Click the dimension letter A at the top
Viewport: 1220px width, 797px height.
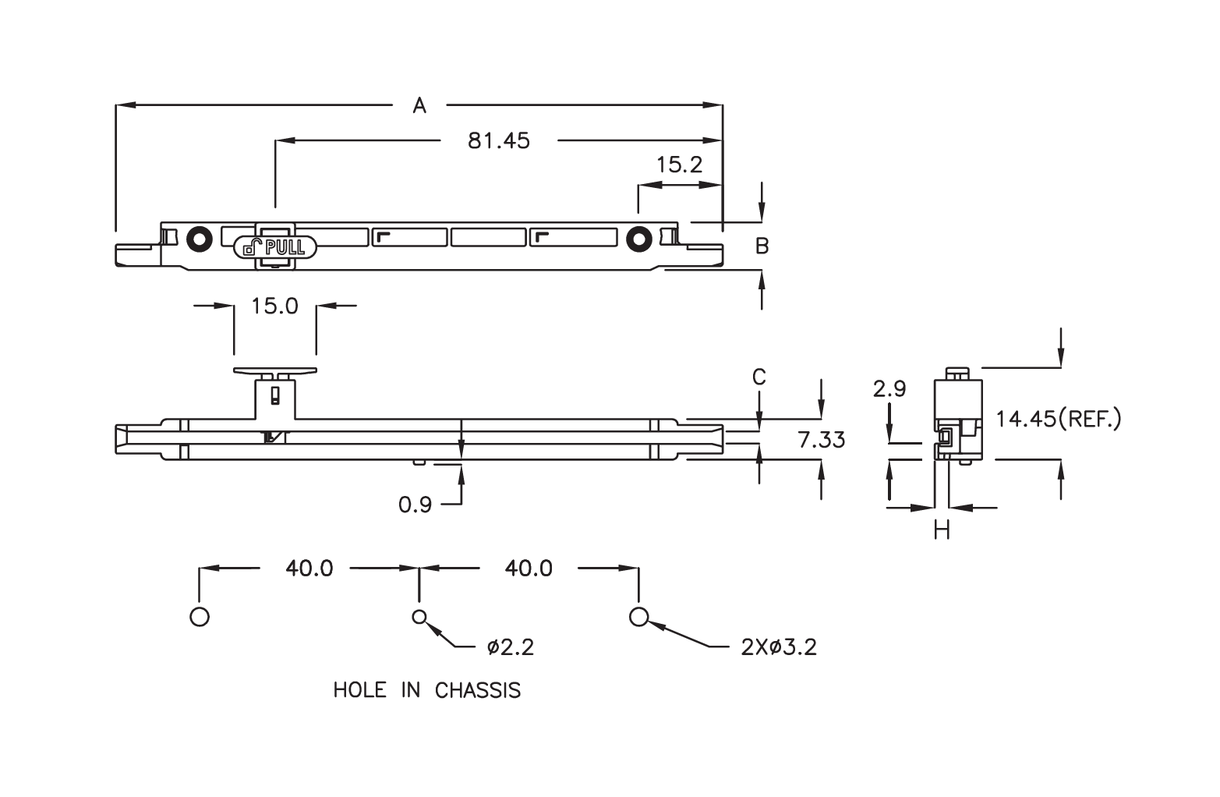pos(419,105)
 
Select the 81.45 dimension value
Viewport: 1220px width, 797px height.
pos(498,141)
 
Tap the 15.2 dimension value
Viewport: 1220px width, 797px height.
pos(679,165)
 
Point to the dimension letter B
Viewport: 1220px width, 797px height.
pos(762,246)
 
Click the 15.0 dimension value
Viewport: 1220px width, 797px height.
pos(274,306)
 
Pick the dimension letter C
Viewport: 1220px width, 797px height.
pos(759,377)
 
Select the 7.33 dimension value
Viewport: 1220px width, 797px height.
pos(822,440)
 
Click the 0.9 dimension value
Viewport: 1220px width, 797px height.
pos(415,505)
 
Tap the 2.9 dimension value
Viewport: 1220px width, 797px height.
pos(889,389)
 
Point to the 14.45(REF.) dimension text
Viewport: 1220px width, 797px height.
pos(1059,420)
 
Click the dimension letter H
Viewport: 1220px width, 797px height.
pos(942,531)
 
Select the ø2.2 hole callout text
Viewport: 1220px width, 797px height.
pos(511,647)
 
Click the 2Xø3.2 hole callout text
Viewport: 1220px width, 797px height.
pos(779,647)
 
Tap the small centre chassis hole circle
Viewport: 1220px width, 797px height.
pos(419,617)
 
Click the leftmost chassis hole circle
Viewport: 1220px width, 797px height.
pos(200,617)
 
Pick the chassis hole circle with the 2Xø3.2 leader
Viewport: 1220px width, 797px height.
pos(638,617)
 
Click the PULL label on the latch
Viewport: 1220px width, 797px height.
pos(285,248)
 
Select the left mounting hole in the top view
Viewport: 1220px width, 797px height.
pos(200,239)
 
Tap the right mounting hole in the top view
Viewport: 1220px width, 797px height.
pos(638,239)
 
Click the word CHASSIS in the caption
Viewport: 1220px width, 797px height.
pos(477,691)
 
